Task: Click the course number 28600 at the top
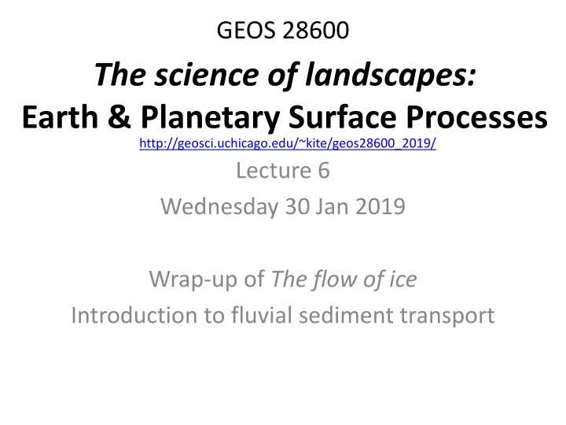[x=316, y=30]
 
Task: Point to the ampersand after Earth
[x=119, y=116]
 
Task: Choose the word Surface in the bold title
[x=343, y=116]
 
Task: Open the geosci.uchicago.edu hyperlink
[x=288, y=143]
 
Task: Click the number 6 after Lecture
[x=324, y=170]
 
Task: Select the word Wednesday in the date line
[x=219, y=207]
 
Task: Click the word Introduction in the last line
[x=134, y=315]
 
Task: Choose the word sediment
[x=346, y=315]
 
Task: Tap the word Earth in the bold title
[x=60, y=116]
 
